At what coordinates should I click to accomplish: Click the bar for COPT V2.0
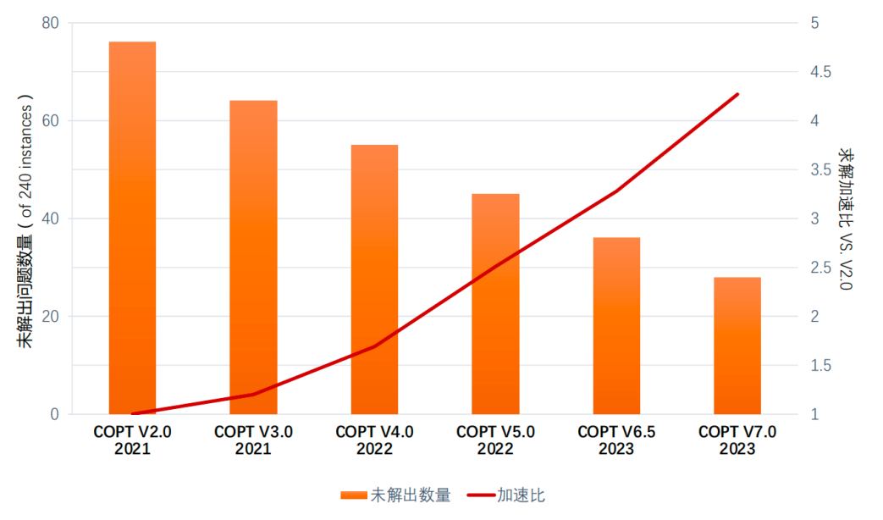(x=132, y=228)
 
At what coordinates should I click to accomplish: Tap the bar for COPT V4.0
(x=374, y=279)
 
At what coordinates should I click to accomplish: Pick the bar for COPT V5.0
(x=495, y=304)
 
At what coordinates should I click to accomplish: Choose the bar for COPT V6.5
(x=616, y=326)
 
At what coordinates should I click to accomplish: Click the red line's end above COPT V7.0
(x=738, y=94)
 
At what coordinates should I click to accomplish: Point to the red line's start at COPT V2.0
(x=133, y=414)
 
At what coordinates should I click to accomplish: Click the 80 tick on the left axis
(x=51, y=23)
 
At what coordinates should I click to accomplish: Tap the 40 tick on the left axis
(x=51, y=219)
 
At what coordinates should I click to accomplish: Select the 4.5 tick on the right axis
(x=818, y=72)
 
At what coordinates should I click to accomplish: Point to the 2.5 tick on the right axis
(x=818, y=268)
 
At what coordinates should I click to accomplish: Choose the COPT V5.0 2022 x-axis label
(x=495, y=440)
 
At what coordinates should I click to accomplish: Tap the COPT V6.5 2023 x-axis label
(x=616, y=440)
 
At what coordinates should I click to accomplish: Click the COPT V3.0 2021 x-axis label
(x=253, y=440)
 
